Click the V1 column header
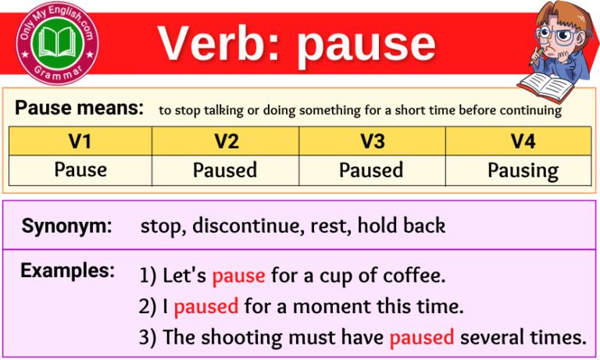(x=80, y=141)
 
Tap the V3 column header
(x=372, y=141)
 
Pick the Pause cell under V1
(x=80, y=169)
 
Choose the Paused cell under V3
(x=372, y=169)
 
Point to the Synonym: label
(x=66, y=226)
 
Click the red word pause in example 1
(x=238, y=276)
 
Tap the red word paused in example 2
(x=206, y=306)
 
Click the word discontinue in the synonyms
(x=239, y=226)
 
